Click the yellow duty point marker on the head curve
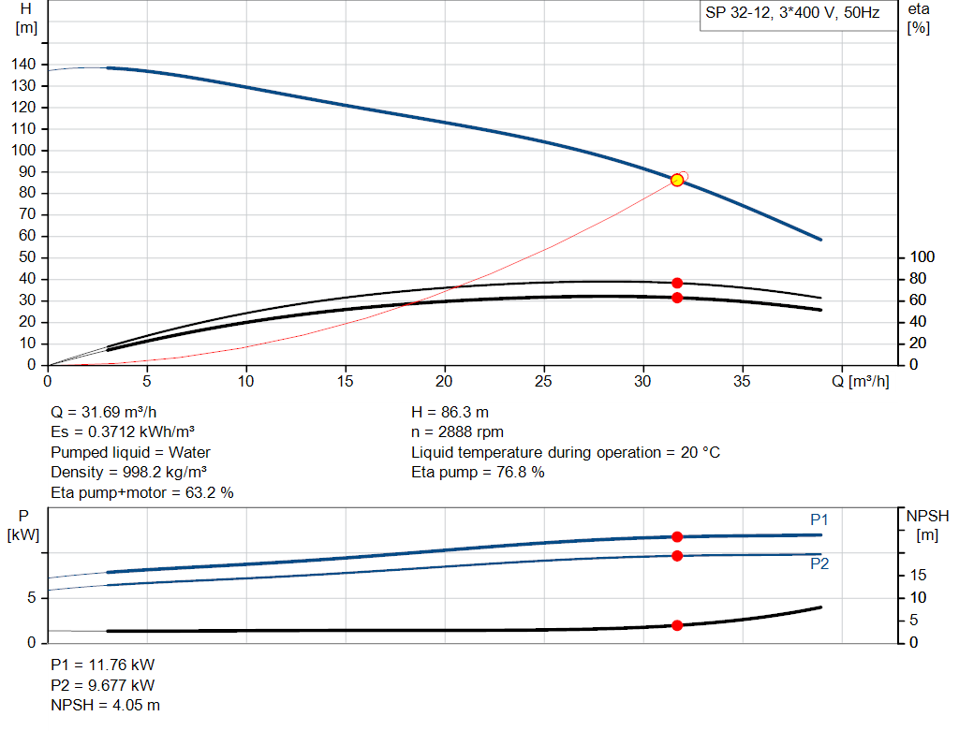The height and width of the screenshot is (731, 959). pos(677,180)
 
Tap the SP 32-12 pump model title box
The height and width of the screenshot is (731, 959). pos(792,15)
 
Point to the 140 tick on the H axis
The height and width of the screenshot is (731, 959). pos(25,64)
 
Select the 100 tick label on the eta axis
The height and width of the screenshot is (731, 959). pos(923,257)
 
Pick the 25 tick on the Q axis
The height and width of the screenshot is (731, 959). pos(544,382)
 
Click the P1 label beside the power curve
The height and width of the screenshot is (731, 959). pos(819,520)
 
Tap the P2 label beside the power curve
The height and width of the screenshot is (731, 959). pos(819,564)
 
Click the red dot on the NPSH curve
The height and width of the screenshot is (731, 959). pos(677,625)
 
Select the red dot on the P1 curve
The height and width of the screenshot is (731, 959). pos(677,536)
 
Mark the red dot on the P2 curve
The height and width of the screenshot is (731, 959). pos(677,556)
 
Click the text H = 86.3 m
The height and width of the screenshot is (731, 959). pos(450,412)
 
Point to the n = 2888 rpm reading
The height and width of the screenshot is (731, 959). pos(458,432)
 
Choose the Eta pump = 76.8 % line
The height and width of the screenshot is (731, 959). pos(478,473)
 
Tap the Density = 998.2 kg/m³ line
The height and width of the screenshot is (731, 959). pos(128,473)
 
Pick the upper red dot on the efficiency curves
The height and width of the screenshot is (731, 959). pos(677,283)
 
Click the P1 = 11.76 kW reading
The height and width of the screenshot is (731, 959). pos(102,665)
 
